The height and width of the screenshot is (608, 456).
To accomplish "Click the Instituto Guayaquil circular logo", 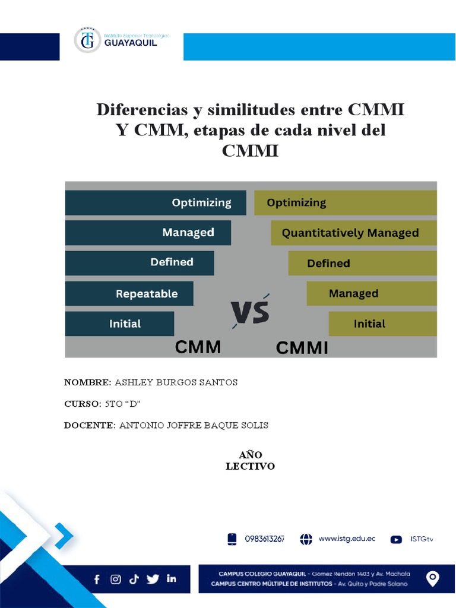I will pos(87,40).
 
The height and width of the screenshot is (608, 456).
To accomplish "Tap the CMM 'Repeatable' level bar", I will pos(129,293).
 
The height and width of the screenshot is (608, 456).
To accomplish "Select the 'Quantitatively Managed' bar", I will pos(353,233).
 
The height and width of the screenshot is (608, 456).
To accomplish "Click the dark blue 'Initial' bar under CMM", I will pos(119,324).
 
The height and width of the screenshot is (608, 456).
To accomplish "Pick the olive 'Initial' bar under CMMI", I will pos(382,324).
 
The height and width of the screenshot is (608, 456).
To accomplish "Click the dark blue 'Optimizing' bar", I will pos(156,202).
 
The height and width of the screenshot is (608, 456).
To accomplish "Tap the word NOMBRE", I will pos(87,382).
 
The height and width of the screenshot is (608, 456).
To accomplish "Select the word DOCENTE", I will pos(89,425).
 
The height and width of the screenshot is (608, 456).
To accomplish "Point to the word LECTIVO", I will pos(250,467).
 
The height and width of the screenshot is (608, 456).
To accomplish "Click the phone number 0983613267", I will pos(264,539).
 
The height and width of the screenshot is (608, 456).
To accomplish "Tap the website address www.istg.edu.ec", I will pos(347,539).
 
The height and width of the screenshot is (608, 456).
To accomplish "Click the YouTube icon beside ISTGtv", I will pos(396,539).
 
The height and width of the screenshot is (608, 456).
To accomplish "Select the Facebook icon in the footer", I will pos(97,580).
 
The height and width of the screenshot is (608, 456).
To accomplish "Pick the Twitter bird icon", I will pos(153,579).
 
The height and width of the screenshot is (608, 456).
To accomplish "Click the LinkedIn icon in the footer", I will pos(172,579).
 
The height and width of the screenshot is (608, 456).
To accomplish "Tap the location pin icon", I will pos(433,579).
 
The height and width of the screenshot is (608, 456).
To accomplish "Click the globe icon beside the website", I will pos(306,539).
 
